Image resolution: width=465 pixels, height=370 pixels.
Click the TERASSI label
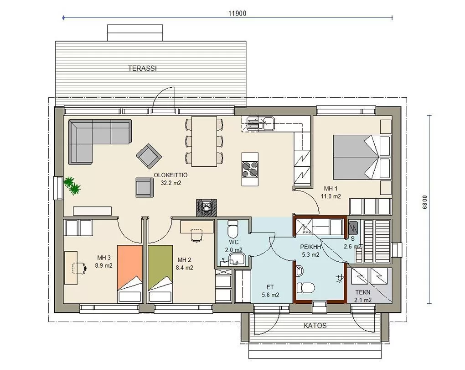pyautogui.click(x=142, y=69)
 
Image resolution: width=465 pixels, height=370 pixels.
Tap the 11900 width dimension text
pyautogui.click(x=237, y=13)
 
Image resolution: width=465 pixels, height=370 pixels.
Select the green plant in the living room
pyautogui.click(x=72, y=186)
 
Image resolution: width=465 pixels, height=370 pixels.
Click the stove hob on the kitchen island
pyautogui.click(x=250, y=169)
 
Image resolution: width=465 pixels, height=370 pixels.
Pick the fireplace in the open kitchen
pyautogui.click(x=207, y=207)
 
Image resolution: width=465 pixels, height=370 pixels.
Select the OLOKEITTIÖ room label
pyautogui.click(x=170, y=175)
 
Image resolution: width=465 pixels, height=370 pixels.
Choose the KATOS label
pyautogui.click(x=315, y=325)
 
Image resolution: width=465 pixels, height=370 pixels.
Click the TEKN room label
pyautogui.click(x=363, y=292)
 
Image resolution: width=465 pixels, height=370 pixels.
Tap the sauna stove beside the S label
pyautogui.click(x=353, y=228)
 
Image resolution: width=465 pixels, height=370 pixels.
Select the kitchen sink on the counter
pyautogui.click(x=258, y=123)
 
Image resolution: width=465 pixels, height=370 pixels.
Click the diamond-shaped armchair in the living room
pyautogui.click(x=149, y=156)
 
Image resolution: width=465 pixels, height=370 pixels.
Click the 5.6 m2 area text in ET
pyautogui.click(x=270, y=295)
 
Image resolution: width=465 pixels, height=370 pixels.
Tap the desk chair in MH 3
pyautogui.click(x=79, y=268)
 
